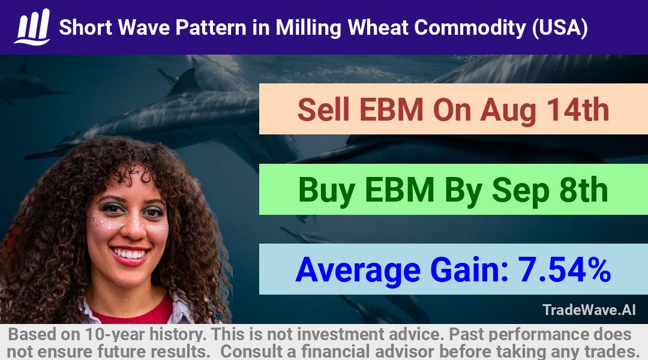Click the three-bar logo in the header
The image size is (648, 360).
point(32,27)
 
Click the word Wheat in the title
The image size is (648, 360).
point(377,28)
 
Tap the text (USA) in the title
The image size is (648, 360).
point(560,28)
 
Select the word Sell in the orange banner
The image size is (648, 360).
point(323,110)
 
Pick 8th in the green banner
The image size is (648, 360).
point(584,190)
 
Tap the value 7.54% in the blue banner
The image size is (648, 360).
point(564,270)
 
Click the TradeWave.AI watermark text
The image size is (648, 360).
point(589,310)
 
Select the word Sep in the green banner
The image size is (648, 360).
point(521,191)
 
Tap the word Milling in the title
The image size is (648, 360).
point(308,28)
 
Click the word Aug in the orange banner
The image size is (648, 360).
point(508,112)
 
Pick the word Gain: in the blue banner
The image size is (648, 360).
point(469,270)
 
